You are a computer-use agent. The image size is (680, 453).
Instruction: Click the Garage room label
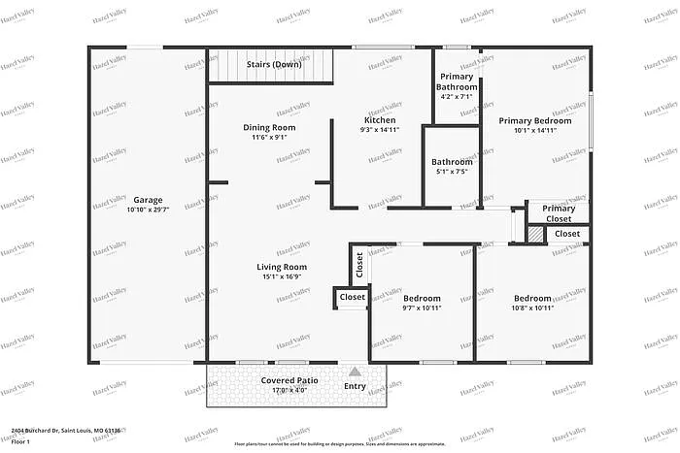tap(149, 199)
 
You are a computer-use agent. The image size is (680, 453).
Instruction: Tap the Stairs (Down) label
tap(273, 64)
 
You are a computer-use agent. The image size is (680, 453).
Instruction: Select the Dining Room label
tap(269, 127)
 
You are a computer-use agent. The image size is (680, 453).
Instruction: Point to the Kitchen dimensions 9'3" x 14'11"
tap(379, 130)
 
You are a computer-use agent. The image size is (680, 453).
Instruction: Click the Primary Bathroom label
tap(457, 81)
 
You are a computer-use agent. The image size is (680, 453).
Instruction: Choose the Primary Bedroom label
tap(534, 121)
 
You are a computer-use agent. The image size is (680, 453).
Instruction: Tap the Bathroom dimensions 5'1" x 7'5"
tap(452, 172)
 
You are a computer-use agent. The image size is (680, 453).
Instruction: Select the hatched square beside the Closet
tap(535, 234)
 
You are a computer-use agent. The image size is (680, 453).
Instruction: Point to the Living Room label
tap(282, 267)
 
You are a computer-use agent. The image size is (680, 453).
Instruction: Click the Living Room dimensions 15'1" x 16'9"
tap(282, 276)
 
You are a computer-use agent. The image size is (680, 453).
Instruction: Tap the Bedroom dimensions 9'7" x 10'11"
tap(423, 308)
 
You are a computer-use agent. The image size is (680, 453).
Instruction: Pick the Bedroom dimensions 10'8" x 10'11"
tap(532, 308)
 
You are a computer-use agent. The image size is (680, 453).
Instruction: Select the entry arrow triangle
tap(356, 371)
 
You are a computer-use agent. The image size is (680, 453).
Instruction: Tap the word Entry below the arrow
tap(356, 386)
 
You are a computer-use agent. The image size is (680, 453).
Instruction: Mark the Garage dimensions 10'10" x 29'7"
tap(149, 209)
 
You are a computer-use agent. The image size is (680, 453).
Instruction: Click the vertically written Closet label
tap(358, 265)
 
